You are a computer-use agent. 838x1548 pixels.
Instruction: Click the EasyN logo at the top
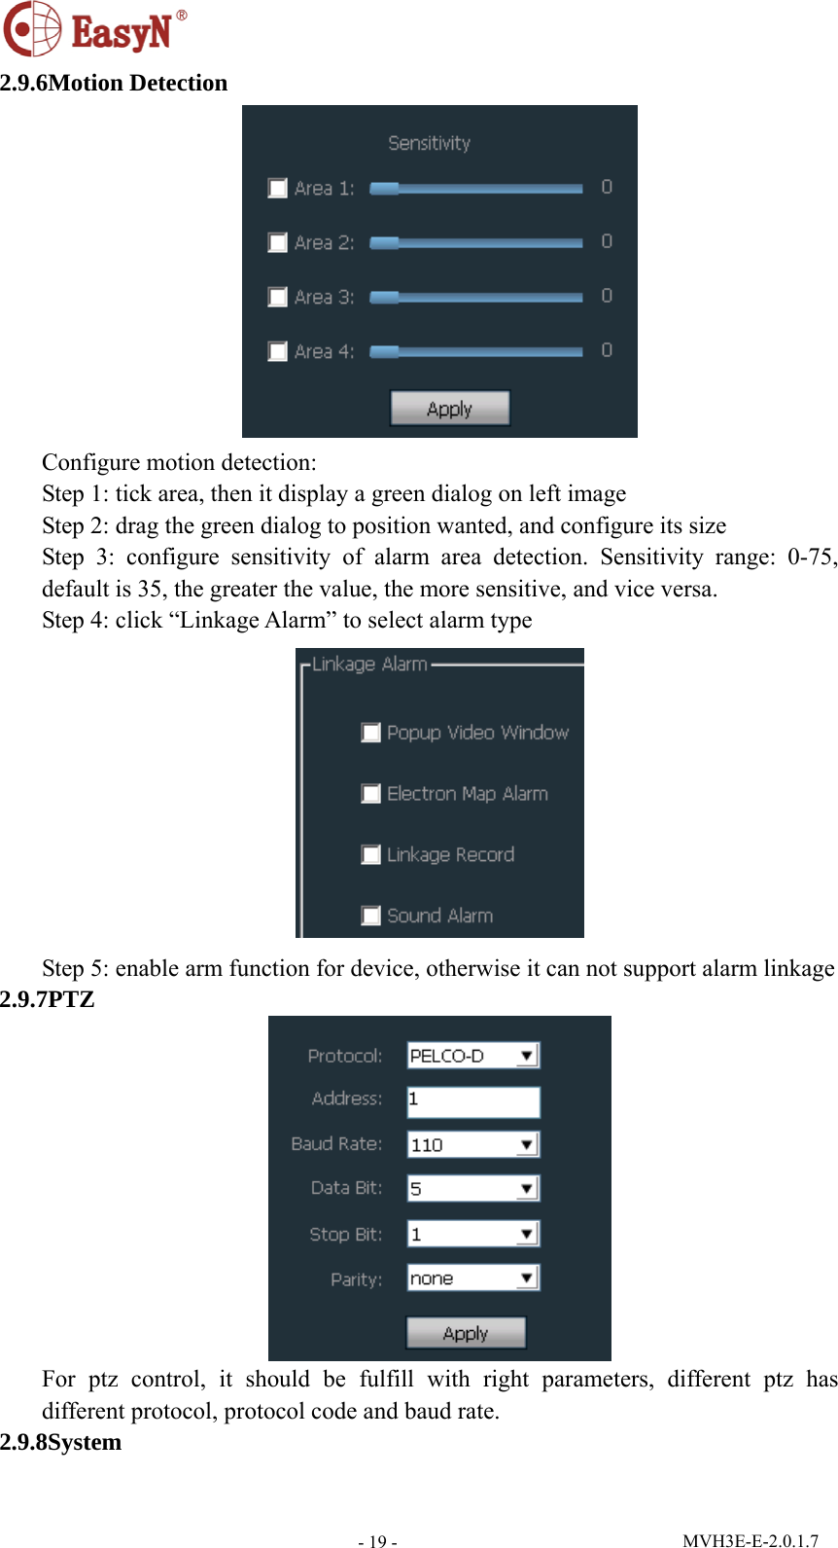(x=95, y=29)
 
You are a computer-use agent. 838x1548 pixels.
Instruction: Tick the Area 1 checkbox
(x=278, y=188)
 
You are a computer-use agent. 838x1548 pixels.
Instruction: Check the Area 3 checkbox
(x=278, y=297)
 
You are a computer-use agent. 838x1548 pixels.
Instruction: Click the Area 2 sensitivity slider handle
(x=384, y=242)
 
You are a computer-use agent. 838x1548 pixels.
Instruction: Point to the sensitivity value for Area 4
(x=607, y=350)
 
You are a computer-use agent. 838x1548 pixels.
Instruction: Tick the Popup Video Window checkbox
(x=370, y=733)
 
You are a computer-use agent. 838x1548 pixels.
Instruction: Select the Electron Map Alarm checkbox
(x=370, y=794)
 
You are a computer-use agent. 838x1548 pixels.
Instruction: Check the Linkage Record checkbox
(x=370, y=855)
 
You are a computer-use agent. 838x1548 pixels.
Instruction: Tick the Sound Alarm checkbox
(x=370, y=916)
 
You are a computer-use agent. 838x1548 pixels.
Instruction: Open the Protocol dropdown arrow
(x=527, y=1056)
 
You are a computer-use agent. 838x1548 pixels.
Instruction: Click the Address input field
(x=472, y=1100)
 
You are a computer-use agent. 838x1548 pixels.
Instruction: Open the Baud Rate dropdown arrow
(x=527, y=1145)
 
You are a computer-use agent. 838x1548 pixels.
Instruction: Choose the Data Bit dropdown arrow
(x=527, y=1189)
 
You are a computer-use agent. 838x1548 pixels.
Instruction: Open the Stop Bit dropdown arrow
(x=527, y=1235)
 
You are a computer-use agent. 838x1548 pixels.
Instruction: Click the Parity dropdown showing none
(x=472, y=1278)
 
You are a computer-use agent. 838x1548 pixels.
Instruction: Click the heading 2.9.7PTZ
(x=48, y=999)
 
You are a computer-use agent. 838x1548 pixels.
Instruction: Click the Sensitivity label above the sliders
(x=429, y=143)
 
